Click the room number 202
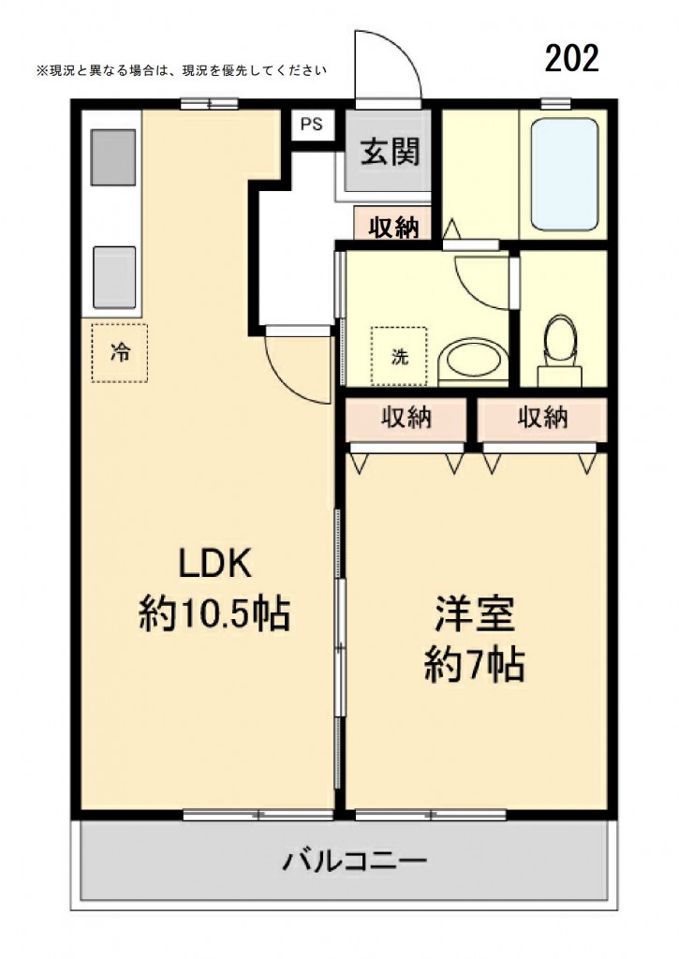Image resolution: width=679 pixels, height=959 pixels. pos(571,59)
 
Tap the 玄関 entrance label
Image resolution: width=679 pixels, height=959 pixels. pos(390,152)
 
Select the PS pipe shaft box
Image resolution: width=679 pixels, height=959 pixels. pos(311,125)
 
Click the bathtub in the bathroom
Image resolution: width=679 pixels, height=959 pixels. pos(564,174)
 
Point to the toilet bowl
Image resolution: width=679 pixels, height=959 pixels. pos(560,349)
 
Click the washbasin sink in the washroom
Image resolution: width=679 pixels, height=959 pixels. pos(474,362)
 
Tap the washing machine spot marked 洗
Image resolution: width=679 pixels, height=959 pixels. pos(399,356)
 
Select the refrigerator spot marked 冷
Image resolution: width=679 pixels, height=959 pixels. pos(120,352)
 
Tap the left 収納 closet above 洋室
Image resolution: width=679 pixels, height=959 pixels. pos(406,419)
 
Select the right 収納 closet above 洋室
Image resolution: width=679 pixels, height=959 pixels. pos(542,419)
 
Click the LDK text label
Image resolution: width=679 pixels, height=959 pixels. pos(214,563)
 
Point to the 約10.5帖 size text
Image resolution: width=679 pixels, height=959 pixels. pos(214,613)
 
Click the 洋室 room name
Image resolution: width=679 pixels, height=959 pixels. pos(475,613)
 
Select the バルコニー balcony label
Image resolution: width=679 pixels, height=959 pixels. pos(354,862)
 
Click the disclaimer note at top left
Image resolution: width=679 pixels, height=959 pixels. pos(182,70)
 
